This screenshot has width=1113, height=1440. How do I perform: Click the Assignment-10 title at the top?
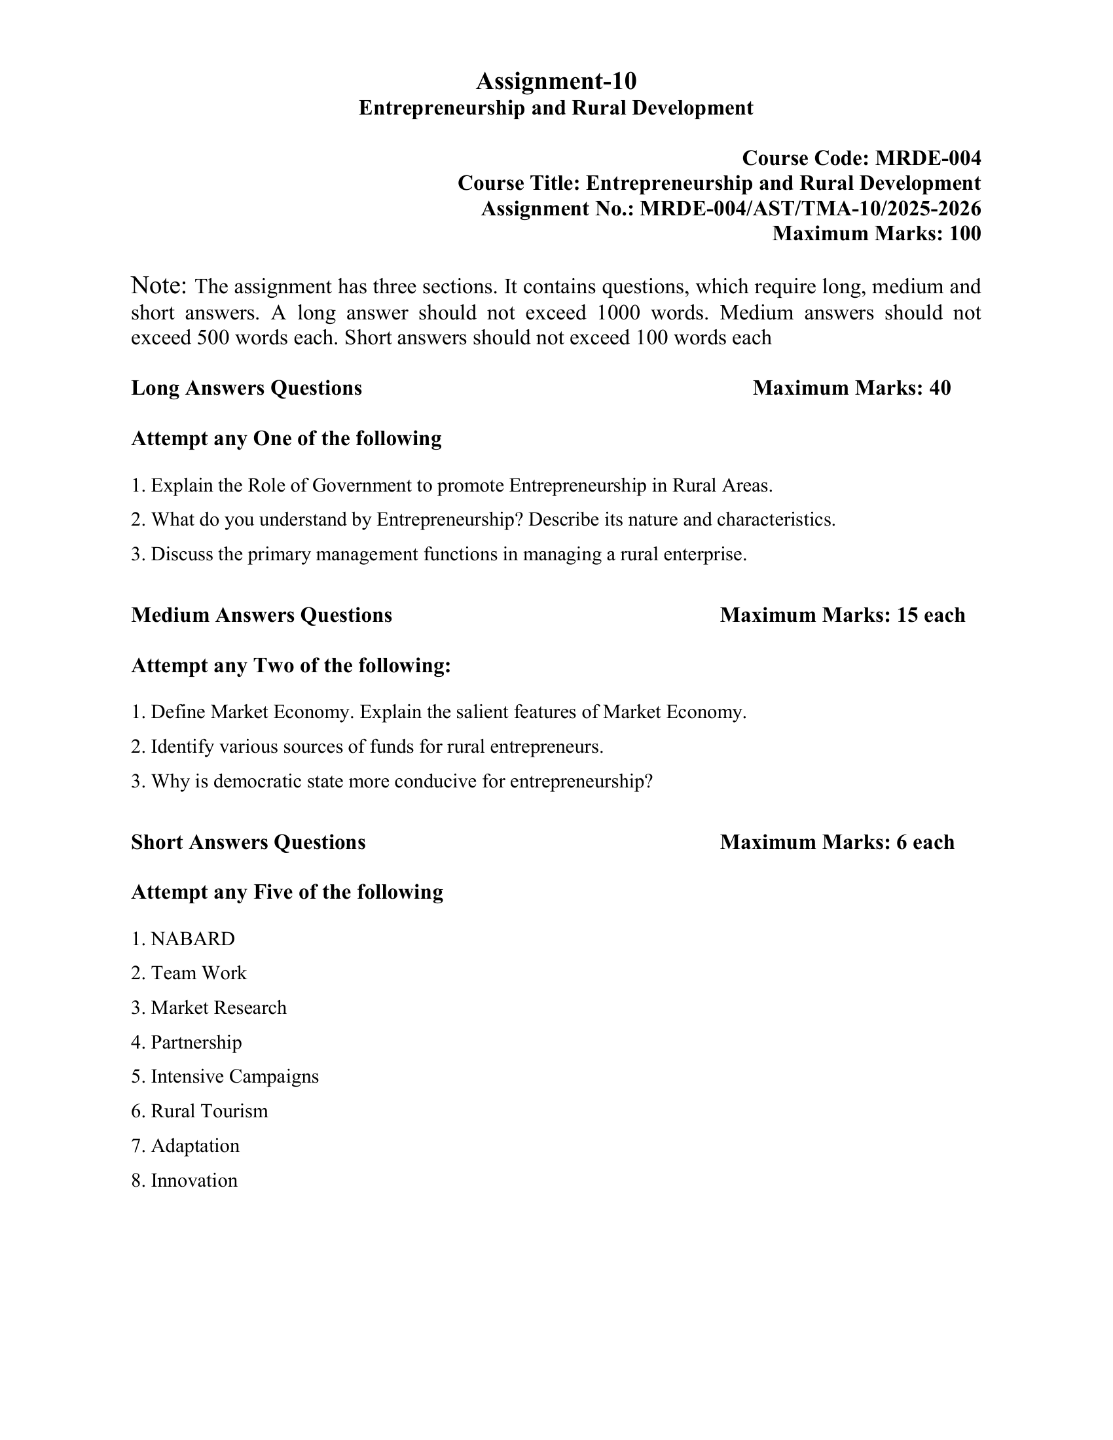(x=556, y=81)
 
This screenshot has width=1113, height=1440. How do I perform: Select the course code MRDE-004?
(x=928, y=158)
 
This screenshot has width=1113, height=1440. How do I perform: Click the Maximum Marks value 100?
(x=964, y=234)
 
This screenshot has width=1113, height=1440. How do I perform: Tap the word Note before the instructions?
(x=159, y=286)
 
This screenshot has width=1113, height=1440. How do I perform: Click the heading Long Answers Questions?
(x=247, y=388)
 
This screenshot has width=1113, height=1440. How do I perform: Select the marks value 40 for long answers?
(x=940, y=388)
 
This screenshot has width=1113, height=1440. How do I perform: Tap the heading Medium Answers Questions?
(x=262, y=615)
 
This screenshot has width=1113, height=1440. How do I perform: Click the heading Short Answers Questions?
(x=249, y=842)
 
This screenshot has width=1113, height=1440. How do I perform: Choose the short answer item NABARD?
(x=192, y=939)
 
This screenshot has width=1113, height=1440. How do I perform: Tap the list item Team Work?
(x=198, y=973)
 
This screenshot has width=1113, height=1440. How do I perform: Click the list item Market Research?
(x=218, y=1008)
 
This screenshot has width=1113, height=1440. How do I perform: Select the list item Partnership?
(x=196, y=1043)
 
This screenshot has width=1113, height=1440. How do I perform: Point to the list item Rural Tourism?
(x=209, y=1111)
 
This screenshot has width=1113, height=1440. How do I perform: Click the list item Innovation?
(x=194, y=1180)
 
